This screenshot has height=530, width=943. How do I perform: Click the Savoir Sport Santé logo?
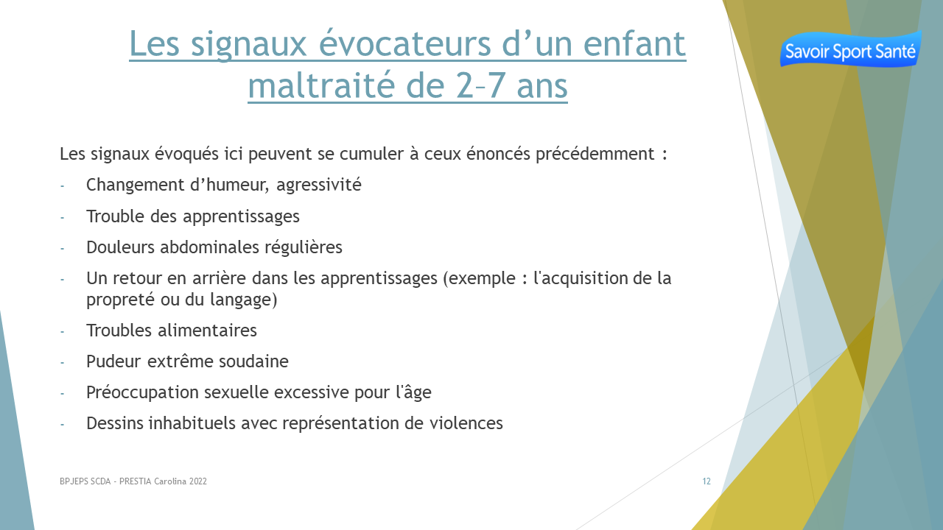[850, 49]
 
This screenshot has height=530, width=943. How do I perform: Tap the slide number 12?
[707, 481]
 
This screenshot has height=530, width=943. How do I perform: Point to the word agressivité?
[319, 185]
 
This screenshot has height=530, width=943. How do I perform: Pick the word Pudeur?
[113, 361]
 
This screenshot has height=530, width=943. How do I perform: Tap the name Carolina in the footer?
[169, 481]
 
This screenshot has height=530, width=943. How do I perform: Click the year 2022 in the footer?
[198, 481]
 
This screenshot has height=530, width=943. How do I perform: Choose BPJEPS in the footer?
[74, 481]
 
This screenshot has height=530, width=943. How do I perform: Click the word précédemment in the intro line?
[595, 154]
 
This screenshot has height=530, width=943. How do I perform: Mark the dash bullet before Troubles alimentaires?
[63, 332]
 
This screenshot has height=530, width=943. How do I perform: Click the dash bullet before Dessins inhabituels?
[63, 425]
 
